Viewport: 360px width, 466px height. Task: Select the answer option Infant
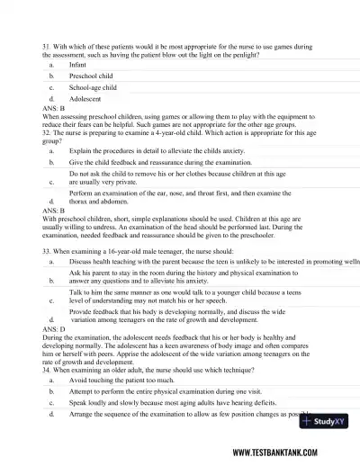click(78, 66)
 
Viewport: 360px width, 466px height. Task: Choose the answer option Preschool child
click(90, 78)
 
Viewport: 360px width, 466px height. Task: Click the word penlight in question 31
click(246, 55)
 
